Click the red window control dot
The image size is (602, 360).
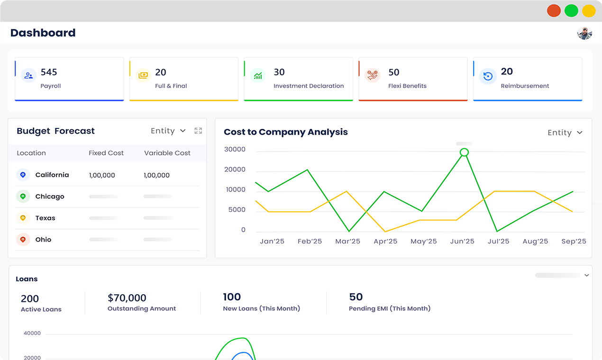pos(554,11)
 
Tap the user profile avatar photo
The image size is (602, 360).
pos(584,33)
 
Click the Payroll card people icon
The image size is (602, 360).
pos(28,76)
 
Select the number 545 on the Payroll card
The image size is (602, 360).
pos(49,72)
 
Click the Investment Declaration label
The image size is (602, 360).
pos(309,86)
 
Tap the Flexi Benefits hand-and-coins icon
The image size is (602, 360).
pos(372,75)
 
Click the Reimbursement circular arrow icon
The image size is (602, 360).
pos(488,76)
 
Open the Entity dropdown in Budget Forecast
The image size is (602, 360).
pos(168,131)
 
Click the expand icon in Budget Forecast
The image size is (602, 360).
pos(198,131)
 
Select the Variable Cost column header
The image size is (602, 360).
pos(167,153)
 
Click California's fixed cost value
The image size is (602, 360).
pos(102,175)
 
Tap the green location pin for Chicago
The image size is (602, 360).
pos(23,197)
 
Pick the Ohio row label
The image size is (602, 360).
pos(43,240)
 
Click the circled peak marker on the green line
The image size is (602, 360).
pos(464,153)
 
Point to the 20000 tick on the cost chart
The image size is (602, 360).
pos(235,170)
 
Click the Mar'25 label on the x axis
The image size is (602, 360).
pos(347,241)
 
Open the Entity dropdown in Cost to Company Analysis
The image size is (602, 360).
pos(565,133)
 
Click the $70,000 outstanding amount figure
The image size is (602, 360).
pos(127,298)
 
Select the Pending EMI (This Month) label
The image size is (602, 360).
pos(390,308)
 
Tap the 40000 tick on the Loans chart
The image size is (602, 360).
pos(32,333)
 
